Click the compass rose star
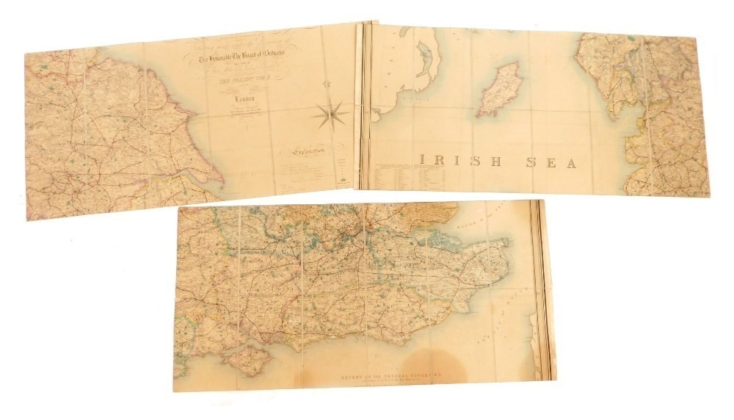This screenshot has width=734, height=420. tap(332, 112)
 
